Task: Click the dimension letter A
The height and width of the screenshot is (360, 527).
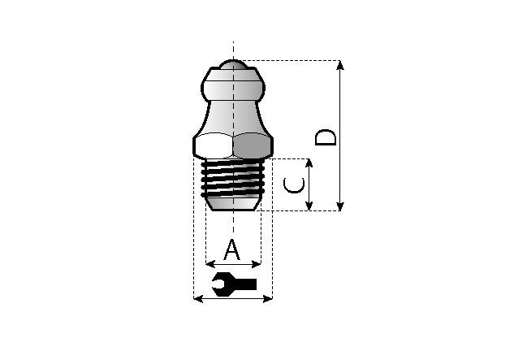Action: point(232,250)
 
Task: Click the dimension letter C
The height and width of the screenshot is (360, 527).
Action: point(294,185)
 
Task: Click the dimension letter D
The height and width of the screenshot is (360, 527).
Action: point(326,137)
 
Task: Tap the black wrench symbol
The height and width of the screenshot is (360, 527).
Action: point(235,284)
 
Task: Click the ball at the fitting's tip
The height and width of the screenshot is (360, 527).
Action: point(233,64)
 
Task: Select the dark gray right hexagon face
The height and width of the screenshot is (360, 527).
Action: point(252,145)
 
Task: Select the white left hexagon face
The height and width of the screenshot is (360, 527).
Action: point(214,145)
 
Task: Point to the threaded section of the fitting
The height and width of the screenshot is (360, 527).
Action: point(232,178)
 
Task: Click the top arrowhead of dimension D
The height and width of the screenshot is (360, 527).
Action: point(340,64)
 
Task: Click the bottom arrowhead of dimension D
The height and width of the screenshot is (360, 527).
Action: point(340,206)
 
